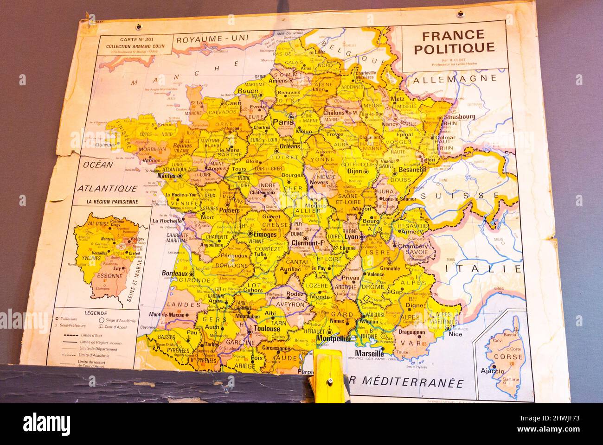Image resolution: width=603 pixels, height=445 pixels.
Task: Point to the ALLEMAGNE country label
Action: click(455, 80)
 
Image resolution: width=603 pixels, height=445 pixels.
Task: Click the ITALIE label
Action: click(482, 268)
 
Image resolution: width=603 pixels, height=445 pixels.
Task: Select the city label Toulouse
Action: click(267, 329)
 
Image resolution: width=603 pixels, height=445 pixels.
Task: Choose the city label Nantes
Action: click(169, 176)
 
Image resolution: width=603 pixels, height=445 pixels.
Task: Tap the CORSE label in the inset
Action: click(508, 357)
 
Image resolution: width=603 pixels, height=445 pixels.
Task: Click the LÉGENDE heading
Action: click(96, 313)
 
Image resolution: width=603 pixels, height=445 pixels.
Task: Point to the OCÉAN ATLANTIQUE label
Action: click(107, 177)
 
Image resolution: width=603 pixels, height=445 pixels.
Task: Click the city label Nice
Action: click(455, 334)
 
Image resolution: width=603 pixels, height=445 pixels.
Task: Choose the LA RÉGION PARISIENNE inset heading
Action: click(112, 202)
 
